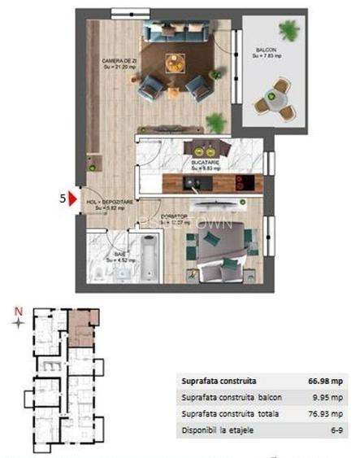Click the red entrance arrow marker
tap(72, 197)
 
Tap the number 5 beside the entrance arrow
tap(61, 197)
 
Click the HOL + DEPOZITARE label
tap(110, 201)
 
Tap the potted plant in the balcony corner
tap(288, 30)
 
